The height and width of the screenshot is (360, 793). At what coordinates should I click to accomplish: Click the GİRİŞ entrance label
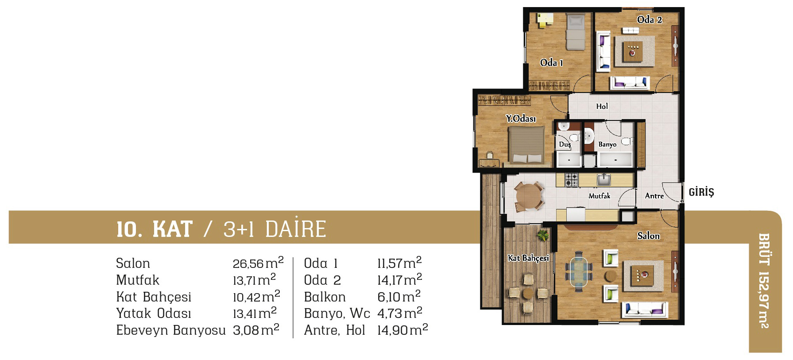click(701, 192)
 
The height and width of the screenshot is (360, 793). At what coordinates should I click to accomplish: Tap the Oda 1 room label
click(551, 62)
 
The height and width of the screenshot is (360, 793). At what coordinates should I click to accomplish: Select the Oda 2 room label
click(650, 19)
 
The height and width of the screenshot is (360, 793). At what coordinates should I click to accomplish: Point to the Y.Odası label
click(521, 118)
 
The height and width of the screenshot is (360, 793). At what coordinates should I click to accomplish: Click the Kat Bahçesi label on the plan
click(528, 258)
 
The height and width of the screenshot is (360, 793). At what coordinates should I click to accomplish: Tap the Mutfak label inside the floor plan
click(599, 196)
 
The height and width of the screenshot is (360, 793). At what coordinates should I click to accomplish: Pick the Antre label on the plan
click(654, 196)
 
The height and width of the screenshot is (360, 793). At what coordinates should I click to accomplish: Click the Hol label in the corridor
click(602, 106)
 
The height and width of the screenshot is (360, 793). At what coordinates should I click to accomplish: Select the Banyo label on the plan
click(607, 144)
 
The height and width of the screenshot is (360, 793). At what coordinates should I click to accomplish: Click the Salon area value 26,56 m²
click(258, 263)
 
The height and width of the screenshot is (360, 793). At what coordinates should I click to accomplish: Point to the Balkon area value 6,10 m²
click(399, 296)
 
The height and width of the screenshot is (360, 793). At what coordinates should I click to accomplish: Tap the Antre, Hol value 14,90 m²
click(402, 330)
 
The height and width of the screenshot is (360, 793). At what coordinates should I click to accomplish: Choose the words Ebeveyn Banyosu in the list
click(171, 330)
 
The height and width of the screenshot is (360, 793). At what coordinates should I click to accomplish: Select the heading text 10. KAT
click(155, 229)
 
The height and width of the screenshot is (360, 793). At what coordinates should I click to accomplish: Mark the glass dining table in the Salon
click(579, 271)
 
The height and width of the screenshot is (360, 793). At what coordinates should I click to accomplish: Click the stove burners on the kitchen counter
click(571, 179)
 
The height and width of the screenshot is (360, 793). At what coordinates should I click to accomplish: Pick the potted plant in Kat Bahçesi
click(542, 235)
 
